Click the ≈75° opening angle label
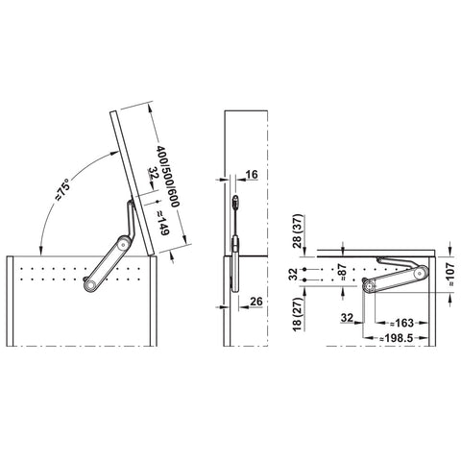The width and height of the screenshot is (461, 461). (62, 190)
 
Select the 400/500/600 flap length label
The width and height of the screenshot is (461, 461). (167, 177)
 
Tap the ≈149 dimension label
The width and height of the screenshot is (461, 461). (162, 223)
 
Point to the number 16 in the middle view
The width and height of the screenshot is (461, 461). (252, 175)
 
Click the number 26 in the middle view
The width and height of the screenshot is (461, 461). (256, 302)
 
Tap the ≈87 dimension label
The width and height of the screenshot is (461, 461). (343, 272)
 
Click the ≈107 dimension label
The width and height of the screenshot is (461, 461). (450, 275)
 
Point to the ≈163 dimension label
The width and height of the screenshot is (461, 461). (402, 323)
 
